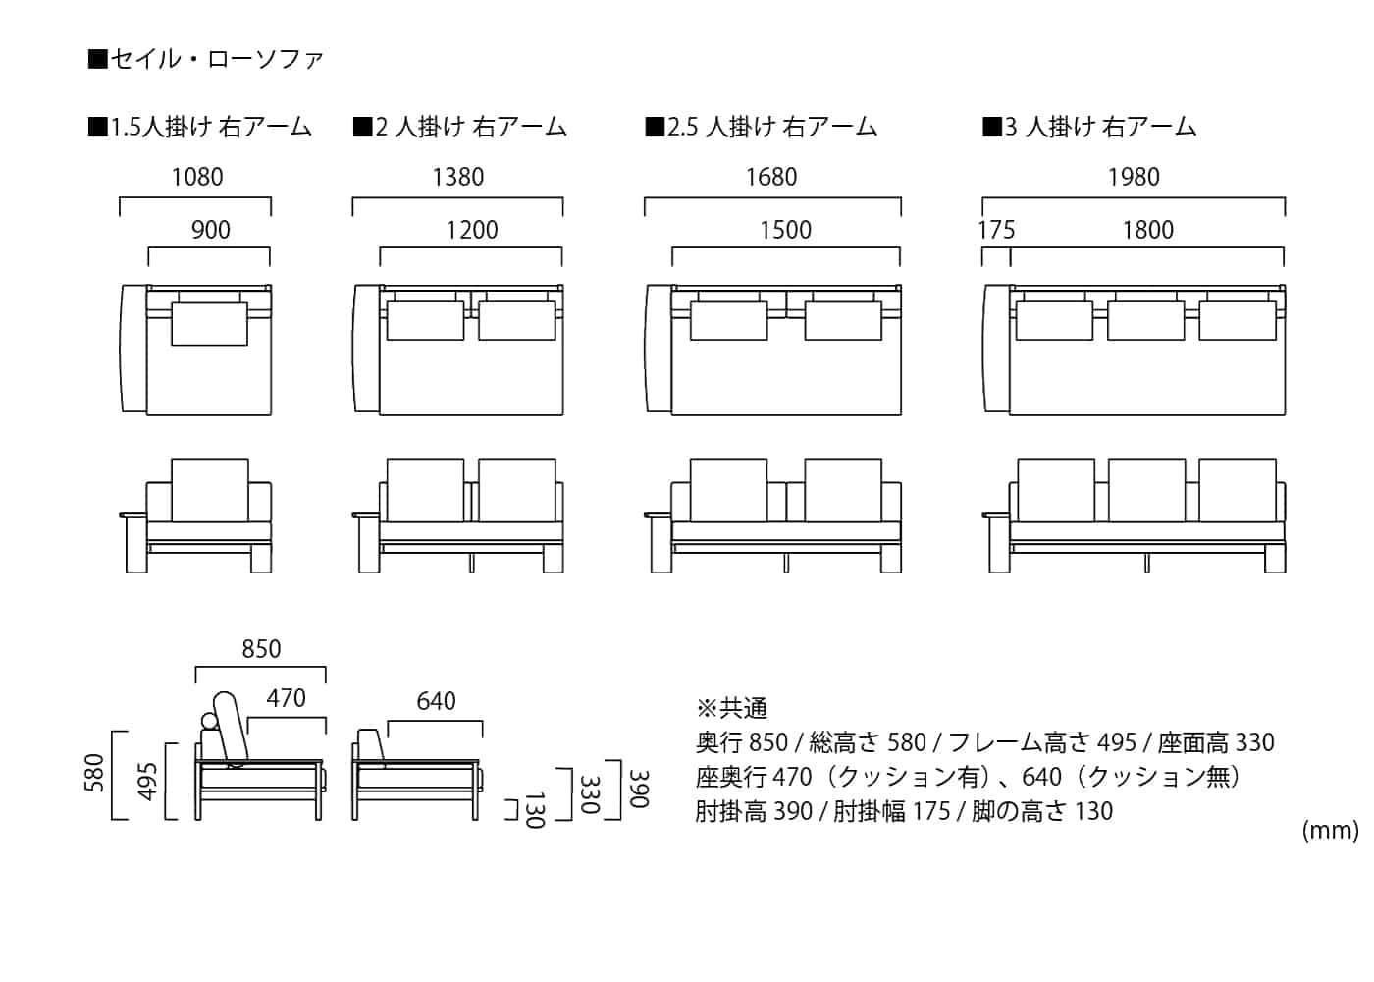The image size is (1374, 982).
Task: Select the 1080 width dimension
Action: pyautogui.click(x=197, y=177)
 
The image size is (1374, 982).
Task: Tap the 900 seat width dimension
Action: pyautogui.click(x=210, y=230)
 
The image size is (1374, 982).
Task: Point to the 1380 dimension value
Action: pyautogui.click(x=458, y=177)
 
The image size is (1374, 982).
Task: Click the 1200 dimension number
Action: pyautogui.click(x=472, y=230)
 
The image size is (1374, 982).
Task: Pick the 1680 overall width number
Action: pyautogui.click(x=771, y=177)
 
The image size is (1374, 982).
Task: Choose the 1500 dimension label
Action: pyautogui.click(x=785, y=230)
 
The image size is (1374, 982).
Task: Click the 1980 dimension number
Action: pyautogui.click(x=1134, y=177)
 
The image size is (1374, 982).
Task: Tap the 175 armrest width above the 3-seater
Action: pyautogui.click(x=996, y=230)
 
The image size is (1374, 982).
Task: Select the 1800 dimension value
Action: pyautogui.click(x=1148, y=230)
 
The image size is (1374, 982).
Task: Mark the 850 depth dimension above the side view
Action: pyautogui.click(x=261, y=649)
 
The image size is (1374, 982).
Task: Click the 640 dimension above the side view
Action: pyautogui.click(x=436, y=701)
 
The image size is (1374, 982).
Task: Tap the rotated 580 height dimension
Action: pyautogui.click(x=93, y=773)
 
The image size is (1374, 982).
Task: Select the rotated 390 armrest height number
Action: pyautogui.click(x=639, y=789)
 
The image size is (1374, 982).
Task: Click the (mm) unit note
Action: pyautogui.click(x=1330, y=831)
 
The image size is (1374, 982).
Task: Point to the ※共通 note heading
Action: pyautogui.click(x=732, y=708)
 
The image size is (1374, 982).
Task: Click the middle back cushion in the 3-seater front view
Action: pyautogui.click(x=1146, y=490)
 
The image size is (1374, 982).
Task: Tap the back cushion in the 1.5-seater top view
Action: pyautogui.click(x=210, y=324)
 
